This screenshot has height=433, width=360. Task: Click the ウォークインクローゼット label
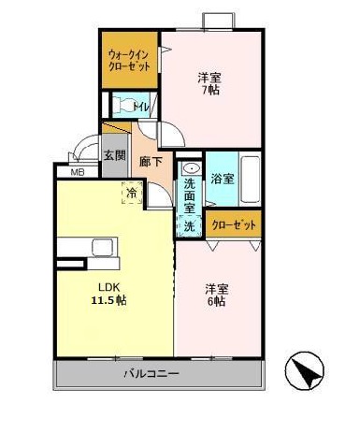click(x=129, y=62)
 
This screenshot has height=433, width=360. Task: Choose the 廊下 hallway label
click(x=151, y=161)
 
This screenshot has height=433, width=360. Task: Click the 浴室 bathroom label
click(x=222, y=178)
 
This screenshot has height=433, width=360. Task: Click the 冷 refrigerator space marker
click(x=132, y=193)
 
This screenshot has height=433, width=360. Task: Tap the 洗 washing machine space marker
click(x=189, y=225)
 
